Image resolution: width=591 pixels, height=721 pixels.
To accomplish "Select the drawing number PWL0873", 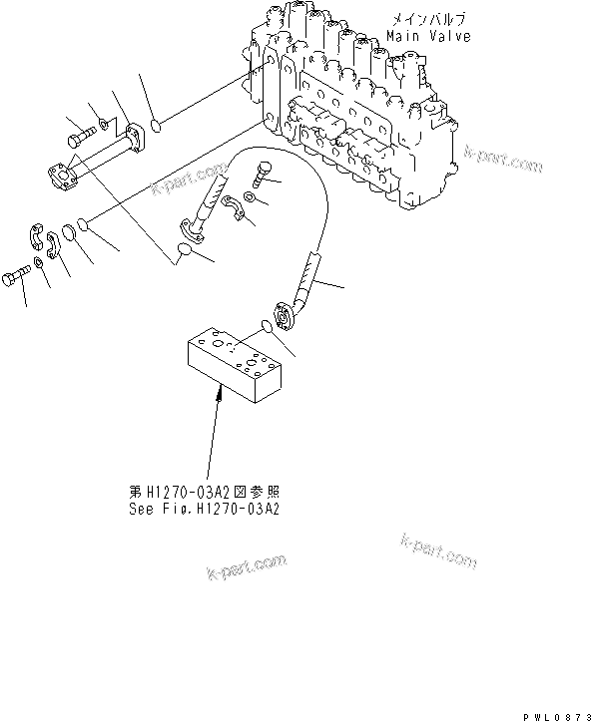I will (554, 714).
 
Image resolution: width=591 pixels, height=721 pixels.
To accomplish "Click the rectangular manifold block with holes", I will (238, 365).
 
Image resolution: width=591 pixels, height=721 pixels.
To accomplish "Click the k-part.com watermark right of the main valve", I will (503, 160).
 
